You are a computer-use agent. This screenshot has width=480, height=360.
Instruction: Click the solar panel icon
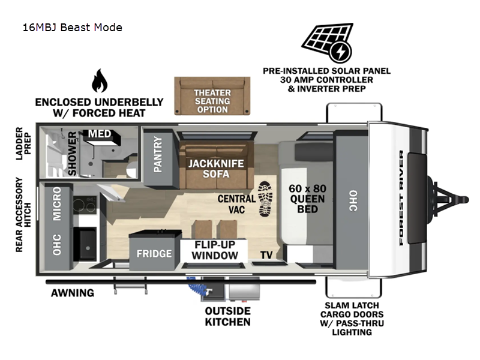coord(327,43)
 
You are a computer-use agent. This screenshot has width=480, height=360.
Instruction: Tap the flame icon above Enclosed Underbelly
coord(100,80)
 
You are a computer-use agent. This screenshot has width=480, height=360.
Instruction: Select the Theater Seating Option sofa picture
coord(212,96)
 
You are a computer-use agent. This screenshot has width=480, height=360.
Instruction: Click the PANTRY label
coord(158,154)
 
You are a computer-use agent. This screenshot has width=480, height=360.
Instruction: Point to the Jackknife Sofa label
coord(216,169)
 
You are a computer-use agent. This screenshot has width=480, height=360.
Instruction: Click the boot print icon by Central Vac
coord(265,199)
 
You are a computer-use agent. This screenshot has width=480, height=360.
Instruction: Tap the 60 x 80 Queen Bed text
coord(307,199)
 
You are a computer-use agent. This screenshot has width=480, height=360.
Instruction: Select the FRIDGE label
coord(154,253)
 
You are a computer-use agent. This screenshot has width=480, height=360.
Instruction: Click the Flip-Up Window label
coord(215,250)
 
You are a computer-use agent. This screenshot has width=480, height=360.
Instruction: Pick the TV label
coord(266,255)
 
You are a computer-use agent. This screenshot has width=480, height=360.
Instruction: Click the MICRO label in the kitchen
coord(57,203)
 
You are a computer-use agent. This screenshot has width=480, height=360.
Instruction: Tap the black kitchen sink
coord(85,244)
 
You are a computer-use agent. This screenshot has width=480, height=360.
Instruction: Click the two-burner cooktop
coord(85,204)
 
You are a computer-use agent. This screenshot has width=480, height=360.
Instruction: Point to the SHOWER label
coord(72,154)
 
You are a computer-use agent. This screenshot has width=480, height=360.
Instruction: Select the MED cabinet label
coord(100,134)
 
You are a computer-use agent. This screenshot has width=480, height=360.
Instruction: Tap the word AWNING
coord(73,293)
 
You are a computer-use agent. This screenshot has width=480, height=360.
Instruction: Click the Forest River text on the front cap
coord(401,198)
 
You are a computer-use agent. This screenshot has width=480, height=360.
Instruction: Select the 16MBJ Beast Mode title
coord(73,28)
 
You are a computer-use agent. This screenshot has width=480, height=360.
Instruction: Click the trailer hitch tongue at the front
coord(448,200)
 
